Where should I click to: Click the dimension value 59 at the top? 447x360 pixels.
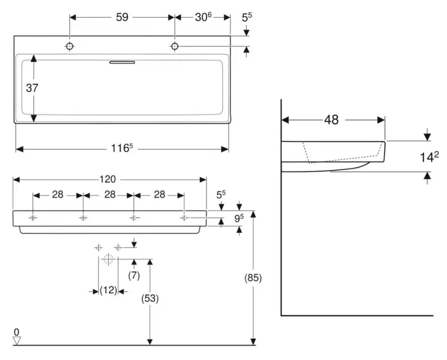click(122, 17)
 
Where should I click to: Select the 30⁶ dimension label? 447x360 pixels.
click(203, 17)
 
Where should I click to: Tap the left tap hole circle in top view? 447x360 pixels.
click(70, 46)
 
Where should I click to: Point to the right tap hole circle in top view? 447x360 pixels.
click(174, 46)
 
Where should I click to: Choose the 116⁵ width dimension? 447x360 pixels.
click(122, 149)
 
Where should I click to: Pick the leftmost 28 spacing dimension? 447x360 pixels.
click(58, 194)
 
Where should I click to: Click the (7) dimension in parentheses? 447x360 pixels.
click(134, 276)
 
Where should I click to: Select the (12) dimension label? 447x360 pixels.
click(108, 290)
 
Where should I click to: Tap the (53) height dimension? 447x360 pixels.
click(150, 298)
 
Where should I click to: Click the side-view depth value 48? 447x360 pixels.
click(332, 120)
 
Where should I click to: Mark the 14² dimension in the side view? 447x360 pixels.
click(428, 156)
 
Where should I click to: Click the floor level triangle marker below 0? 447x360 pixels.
click(17, 340)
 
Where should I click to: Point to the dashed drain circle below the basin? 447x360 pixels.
click(107, 259)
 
